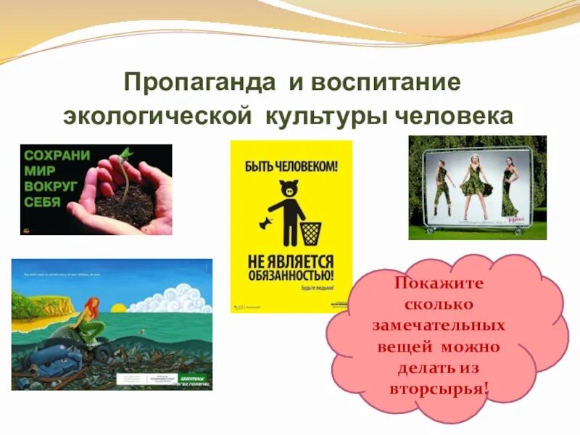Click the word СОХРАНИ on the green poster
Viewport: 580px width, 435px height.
point(57,156)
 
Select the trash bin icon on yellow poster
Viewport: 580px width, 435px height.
point(310,232)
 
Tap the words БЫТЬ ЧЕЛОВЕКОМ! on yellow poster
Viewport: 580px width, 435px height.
point(291,167)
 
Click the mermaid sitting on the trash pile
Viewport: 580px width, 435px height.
point(90,319)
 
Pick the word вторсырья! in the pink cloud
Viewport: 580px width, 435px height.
point(439,389)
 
